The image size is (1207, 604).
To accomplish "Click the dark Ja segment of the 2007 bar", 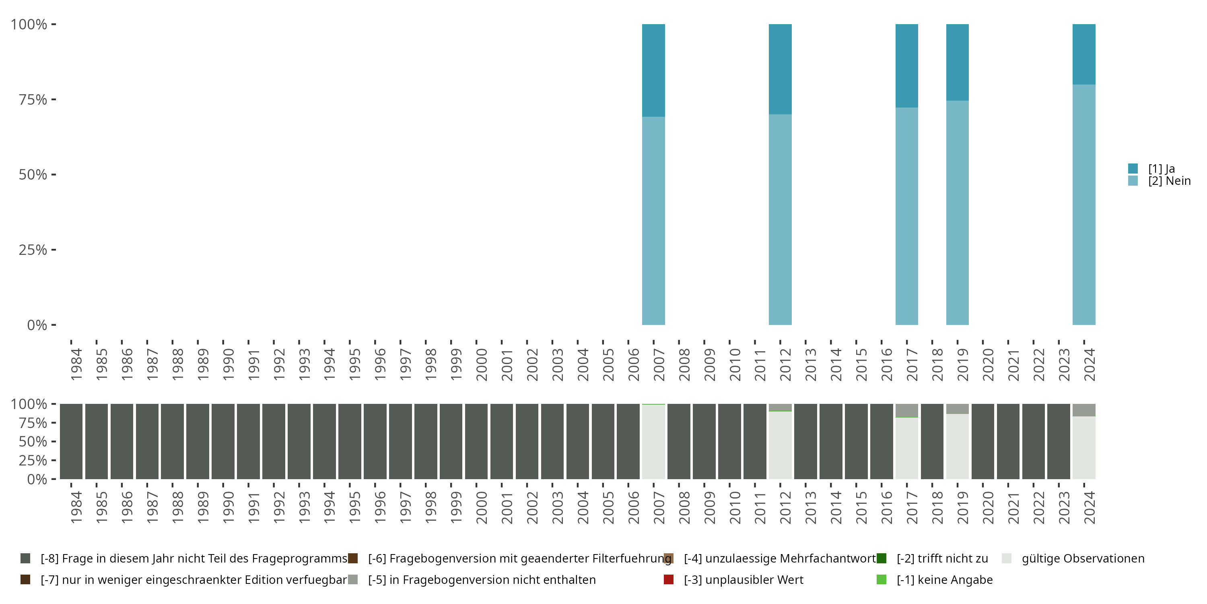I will click(653, 70).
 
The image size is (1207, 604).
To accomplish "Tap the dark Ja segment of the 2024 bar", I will click(1084, 54).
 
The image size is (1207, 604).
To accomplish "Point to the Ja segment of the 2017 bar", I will click(906, 66).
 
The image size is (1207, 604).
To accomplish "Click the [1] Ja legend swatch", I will click(1133, 168).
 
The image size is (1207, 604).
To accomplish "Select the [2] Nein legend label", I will click(1169, 181).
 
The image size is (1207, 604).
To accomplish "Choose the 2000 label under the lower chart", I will click(481, 507).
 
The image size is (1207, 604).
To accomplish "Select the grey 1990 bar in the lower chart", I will click(223, 441).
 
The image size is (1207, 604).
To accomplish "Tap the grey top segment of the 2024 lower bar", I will click(1084, 410).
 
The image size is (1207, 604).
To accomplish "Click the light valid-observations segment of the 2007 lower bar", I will click(653, 442).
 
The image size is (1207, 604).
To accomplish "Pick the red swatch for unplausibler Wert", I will click(669, 579).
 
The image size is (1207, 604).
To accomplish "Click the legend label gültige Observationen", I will click(1083, 558).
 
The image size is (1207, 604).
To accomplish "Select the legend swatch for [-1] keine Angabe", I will click(882, 579).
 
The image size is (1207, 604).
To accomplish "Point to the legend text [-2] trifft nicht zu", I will click(942, 558).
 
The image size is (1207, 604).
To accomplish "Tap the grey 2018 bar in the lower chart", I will click(932, 441).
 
